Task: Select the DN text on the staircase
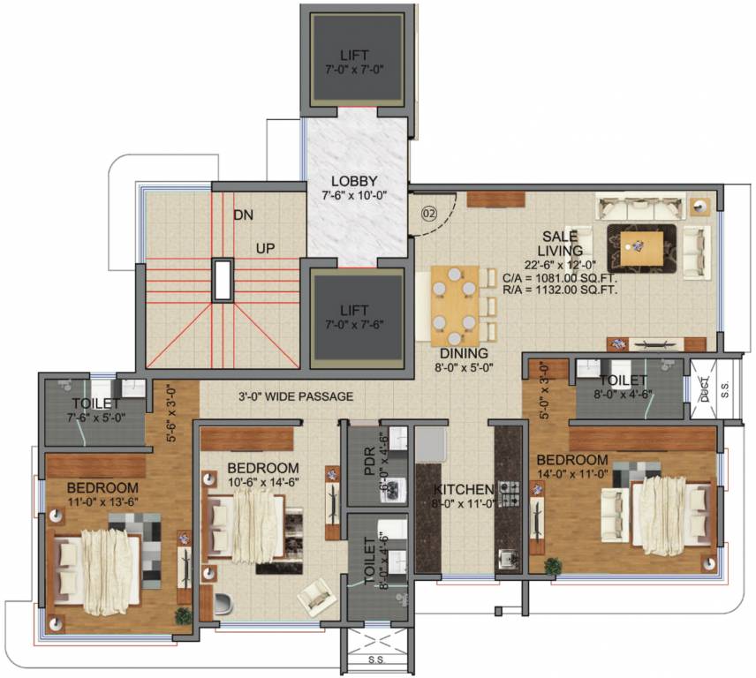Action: tap(245, 215)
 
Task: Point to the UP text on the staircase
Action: tap(266, 249)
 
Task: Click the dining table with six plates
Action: tap(455, 305)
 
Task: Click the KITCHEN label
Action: tap(462, 489)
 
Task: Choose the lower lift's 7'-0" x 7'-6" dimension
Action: tap(354, 324)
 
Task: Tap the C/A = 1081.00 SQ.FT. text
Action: tap(560, 276)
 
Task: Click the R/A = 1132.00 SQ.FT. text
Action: tap(560, 289)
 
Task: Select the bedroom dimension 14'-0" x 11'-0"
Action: tap(571, 473)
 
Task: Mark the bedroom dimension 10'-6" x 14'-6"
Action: tap(262, 481)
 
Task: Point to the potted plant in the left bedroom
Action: tap(183, 614)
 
